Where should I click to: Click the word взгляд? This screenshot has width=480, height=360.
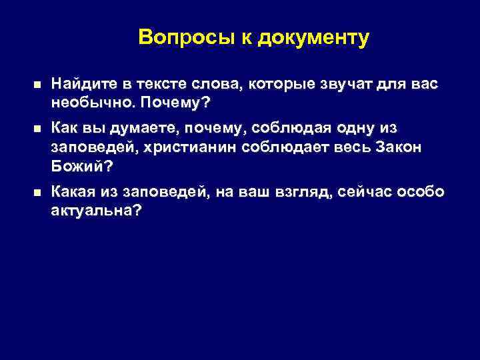(x=303, y=191)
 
